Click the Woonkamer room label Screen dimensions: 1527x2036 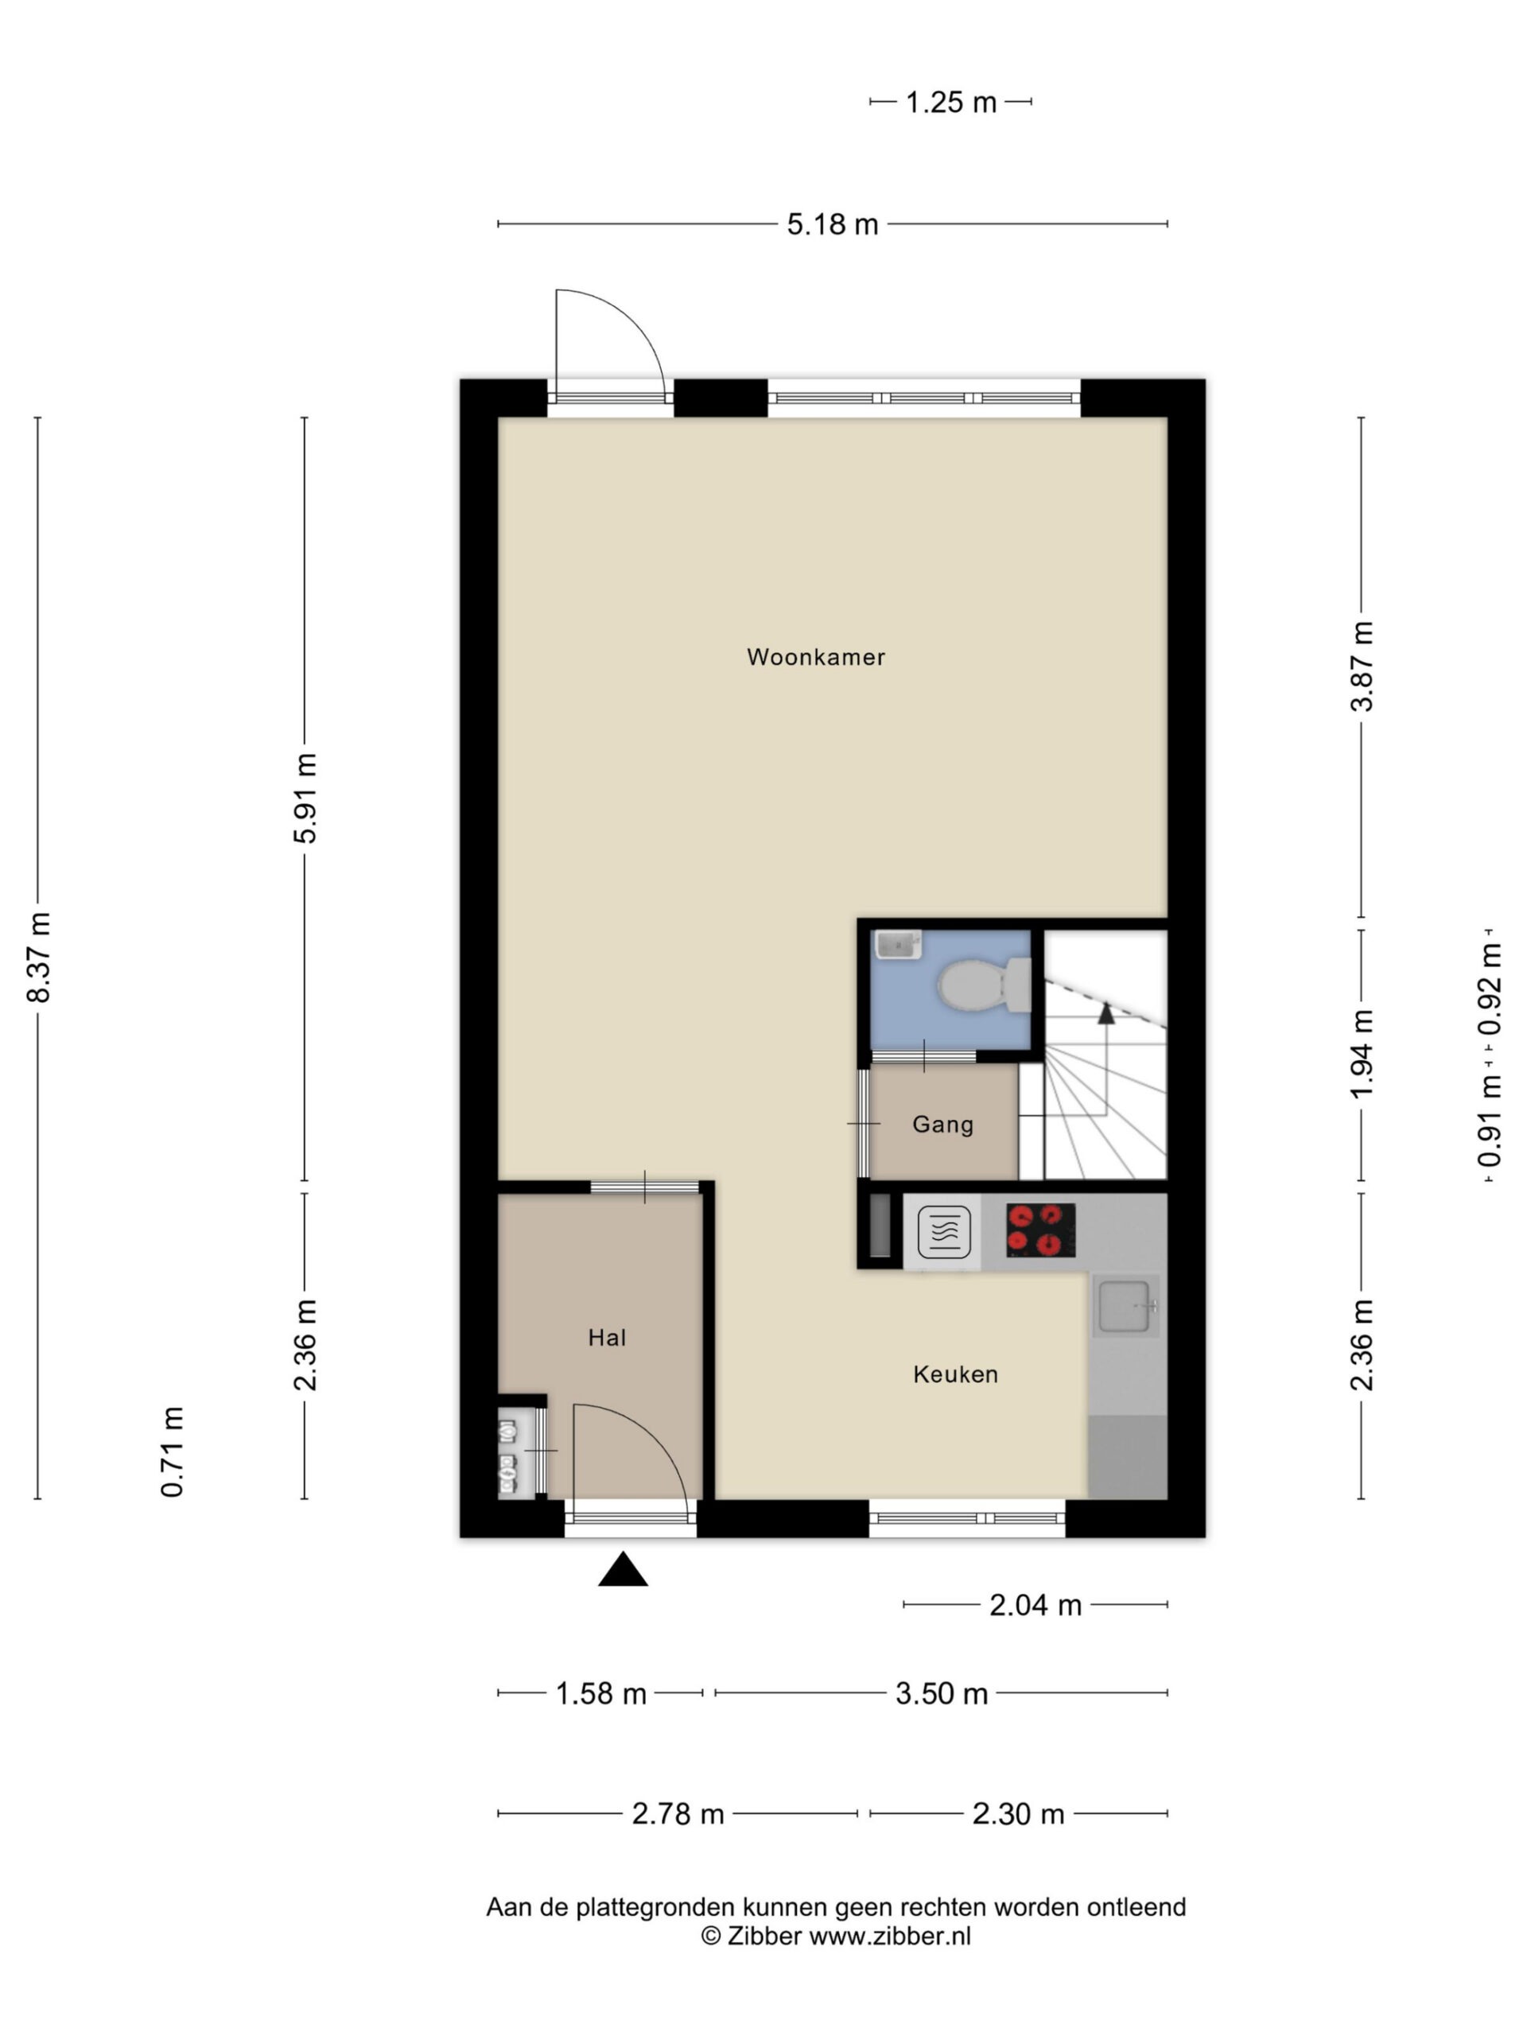(815, 657)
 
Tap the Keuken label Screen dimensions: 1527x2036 (955, 1374)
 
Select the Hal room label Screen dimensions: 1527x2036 (607, 1338)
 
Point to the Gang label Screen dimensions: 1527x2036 (942, 1124)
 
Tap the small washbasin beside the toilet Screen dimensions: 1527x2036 (897, 944)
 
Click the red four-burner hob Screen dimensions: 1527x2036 (1041, 1230)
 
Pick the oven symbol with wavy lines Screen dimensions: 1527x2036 (943, 1231)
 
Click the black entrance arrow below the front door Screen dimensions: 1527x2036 (624, 1569)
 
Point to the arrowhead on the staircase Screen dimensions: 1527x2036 (1106, 1013)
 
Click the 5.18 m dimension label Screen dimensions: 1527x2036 (832, 224)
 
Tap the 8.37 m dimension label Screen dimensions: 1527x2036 (40, 958)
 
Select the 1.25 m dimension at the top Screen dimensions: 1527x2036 (951, 102)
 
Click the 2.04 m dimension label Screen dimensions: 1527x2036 (1035, 1605)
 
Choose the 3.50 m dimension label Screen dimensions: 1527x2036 (942, 1693)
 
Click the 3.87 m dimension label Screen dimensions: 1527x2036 (1362, 666)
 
